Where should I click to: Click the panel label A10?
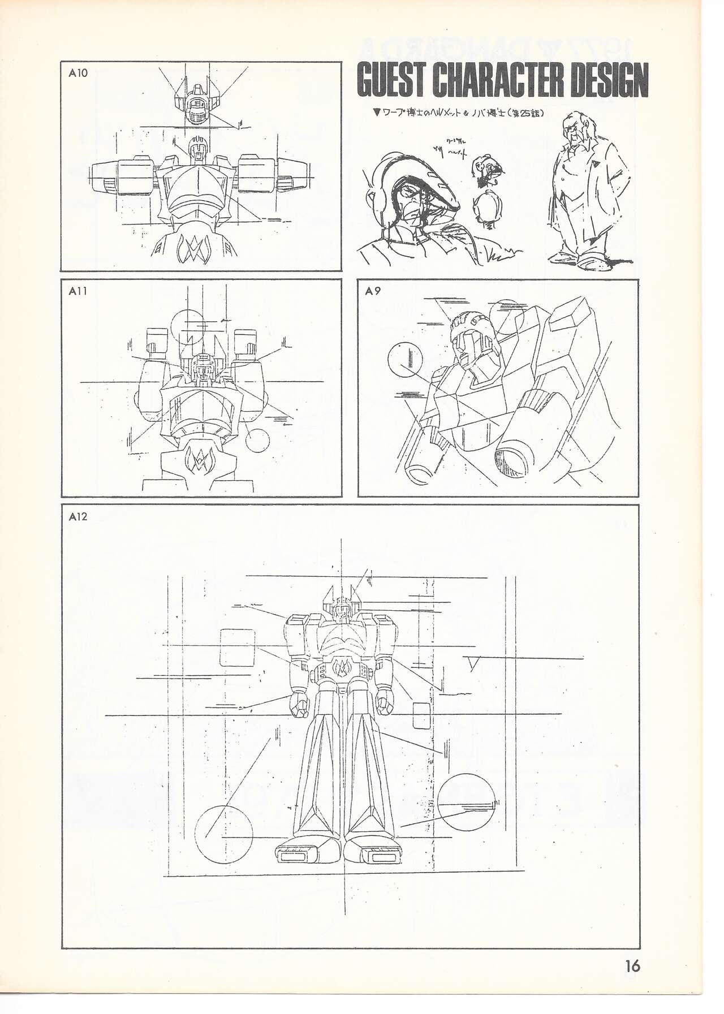(x=78, y=74)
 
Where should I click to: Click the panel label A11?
(x=77, y=292)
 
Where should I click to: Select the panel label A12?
(x=78, y=516)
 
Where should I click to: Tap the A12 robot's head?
(x=341, y=611)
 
